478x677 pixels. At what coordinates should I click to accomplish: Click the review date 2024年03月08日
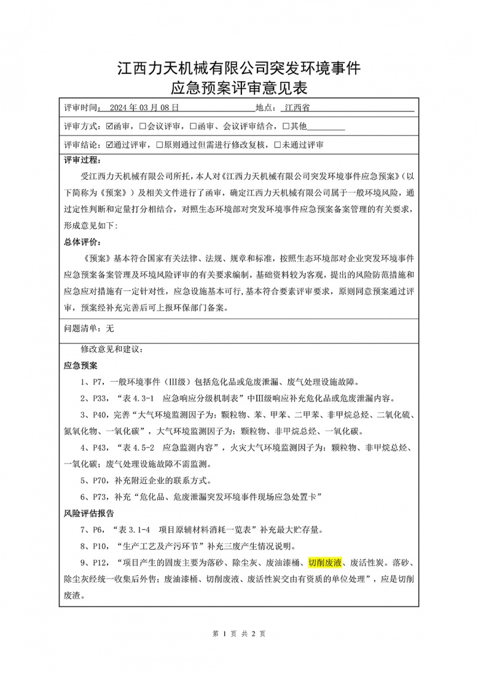point(144,106)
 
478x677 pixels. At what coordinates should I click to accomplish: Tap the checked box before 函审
point(110,126)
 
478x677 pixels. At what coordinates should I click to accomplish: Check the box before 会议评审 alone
point(143,126)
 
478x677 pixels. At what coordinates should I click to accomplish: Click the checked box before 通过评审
point(110,146)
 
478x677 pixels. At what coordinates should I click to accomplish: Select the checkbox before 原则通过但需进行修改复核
point(160,146)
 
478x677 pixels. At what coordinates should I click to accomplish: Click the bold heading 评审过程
point(81,161)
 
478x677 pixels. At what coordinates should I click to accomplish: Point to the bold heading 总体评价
point(81,241)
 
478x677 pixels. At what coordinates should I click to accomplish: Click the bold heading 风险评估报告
point(89,513)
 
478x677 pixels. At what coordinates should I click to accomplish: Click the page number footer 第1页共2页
point(238,633)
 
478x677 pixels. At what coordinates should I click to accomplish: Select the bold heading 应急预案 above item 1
point(81,365)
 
